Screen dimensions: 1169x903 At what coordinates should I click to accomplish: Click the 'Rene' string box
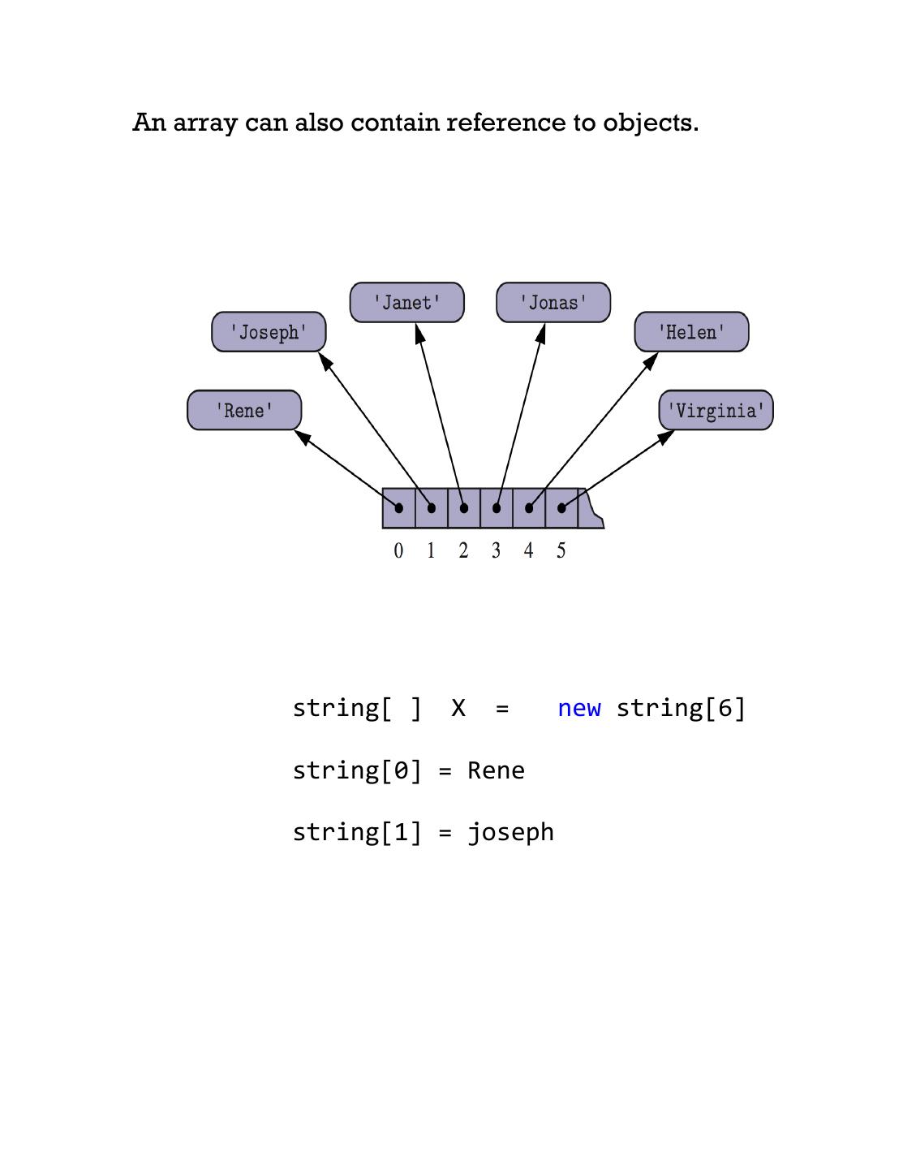[x=244, y=410]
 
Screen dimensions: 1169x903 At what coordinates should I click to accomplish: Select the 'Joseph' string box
[x=269, y=332]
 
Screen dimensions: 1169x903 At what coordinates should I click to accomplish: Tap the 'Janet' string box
[x=406, y=303]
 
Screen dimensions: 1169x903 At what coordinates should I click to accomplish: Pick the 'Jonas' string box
[x=553, y=303]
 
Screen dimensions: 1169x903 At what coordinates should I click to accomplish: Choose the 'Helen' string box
[x=691, y=332]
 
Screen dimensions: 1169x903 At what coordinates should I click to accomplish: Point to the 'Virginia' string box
[x=716, y=410]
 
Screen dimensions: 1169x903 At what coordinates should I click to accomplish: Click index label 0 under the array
[x=398, y=551]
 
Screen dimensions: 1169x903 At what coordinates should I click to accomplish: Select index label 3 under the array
[x=496, y=551]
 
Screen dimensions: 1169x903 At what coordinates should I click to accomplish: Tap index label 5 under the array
[x=561, y=551]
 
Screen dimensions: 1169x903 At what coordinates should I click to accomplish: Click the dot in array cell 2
[x=464, y=508]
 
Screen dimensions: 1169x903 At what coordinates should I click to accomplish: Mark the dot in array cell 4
[x=529, y=508]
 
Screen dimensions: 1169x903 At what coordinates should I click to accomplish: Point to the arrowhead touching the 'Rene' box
[x=302, y=438]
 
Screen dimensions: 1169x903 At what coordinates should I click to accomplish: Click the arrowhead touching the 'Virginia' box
[x=666, y=437]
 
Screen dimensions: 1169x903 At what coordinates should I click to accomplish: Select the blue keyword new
[x=579, y=709]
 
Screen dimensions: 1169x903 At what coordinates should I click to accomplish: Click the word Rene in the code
[x=496, y=770]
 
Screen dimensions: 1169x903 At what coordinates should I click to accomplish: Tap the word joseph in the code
[x=510, y=832]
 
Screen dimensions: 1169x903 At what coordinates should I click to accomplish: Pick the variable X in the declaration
[x=458, y=709]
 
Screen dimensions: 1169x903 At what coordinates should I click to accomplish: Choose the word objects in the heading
[x=650, y=123]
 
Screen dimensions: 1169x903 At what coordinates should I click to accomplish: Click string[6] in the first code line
[x=681, y=709]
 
